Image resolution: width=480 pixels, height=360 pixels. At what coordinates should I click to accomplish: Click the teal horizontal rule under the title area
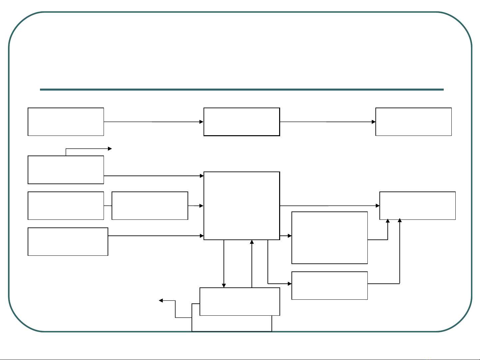click(241, 90)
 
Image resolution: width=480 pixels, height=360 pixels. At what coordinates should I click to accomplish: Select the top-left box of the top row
click(66, 122)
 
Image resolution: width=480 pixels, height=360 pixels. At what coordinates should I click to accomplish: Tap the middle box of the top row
click(241, 122)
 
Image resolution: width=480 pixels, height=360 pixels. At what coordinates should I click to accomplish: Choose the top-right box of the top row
click(413, 122)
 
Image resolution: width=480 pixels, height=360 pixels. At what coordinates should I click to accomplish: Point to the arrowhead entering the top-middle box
click(202, 122)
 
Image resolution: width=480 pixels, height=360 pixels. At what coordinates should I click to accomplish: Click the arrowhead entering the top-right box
click(374, 122)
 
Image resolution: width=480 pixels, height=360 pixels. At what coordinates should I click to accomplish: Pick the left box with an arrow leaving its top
click(66, 170)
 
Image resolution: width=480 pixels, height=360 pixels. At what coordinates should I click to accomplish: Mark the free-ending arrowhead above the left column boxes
click(110, 149)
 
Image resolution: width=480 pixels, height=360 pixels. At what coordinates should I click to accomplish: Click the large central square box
click(241, 205)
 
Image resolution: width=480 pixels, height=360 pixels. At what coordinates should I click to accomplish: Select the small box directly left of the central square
click(150, 205)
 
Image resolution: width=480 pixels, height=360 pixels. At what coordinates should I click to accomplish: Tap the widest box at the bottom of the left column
click(68, 241)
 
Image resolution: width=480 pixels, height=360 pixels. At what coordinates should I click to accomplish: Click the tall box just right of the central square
click(329, 238)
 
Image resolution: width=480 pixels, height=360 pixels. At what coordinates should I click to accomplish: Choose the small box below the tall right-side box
click(329, 285)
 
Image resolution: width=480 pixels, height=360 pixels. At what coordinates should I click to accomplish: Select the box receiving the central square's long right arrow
click(417, 205)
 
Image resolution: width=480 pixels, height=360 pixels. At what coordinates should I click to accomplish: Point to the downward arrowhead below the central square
click(224, 285)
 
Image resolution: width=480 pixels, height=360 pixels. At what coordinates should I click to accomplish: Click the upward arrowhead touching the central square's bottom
click(252, 242)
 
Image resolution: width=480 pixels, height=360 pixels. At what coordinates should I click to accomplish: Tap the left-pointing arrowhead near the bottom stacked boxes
click(161, 300)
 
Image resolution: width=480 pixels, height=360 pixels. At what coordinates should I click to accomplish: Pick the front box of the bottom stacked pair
click(240, 301)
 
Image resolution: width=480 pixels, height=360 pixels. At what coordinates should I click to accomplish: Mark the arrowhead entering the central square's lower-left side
click(202, 236)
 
